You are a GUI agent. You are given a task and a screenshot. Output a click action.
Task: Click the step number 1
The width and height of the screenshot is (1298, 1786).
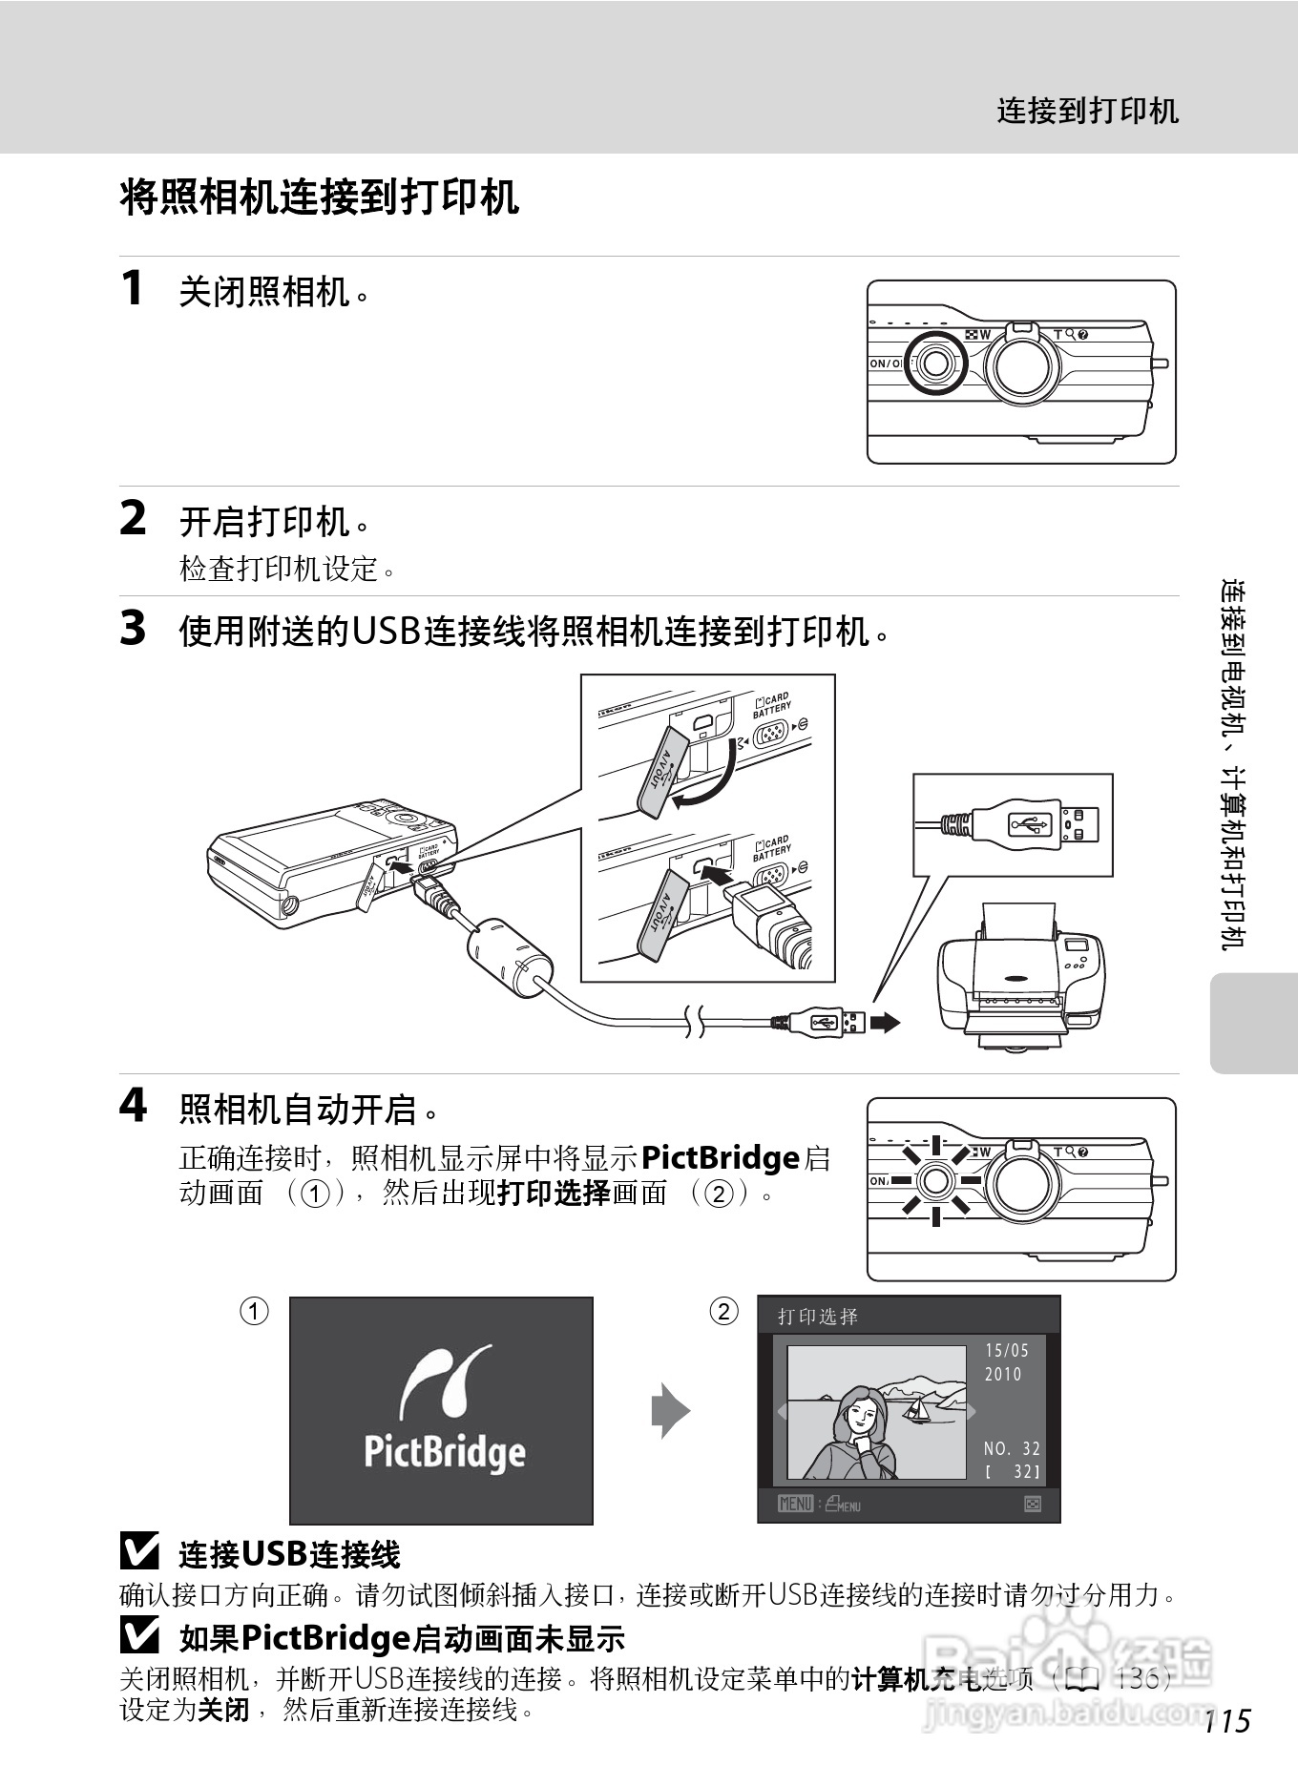click(x=134, y=288)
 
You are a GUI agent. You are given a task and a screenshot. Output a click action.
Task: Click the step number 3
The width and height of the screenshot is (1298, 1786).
click(x=134, y=629)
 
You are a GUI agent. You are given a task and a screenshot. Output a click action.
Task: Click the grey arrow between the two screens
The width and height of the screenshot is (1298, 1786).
click(x=670, y=1410)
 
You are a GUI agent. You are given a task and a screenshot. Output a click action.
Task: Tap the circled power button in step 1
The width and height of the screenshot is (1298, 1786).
click(x=935, y=363)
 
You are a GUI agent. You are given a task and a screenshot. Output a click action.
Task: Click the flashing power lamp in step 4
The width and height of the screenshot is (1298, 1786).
click(x=936, y=1180)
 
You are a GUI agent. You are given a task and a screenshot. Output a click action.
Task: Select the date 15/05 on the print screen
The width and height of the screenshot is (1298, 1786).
click(x=1007, y=1350)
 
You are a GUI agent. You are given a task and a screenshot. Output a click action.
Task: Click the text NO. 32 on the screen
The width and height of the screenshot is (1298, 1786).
click(x=1012, y=1448)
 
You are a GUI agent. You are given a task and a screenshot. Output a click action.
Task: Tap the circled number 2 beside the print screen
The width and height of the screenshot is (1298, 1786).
click(x=724, y=1312)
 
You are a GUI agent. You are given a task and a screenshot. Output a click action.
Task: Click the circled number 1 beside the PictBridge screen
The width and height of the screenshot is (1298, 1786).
click(x=254, y=1312)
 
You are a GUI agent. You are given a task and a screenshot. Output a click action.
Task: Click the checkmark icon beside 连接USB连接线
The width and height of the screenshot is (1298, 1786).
click(x=139, y=1554)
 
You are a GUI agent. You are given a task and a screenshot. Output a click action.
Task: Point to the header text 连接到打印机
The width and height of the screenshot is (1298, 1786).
click(x=1087, y=111)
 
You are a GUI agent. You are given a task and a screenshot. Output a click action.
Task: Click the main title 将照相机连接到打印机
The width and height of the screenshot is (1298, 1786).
click(x=320, y=197)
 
